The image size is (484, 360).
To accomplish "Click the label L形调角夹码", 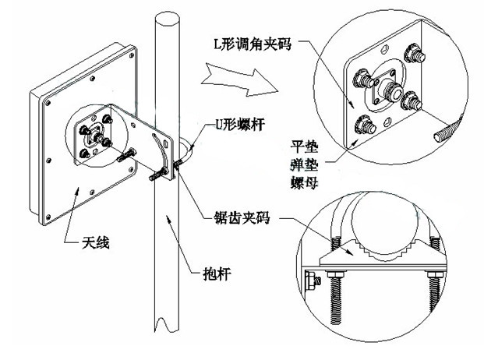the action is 253,44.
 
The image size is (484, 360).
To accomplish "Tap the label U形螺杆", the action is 239,125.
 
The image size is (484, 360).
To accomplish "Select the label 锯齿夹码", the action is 242,217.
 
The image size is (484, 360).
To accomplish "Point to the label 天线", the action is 96,242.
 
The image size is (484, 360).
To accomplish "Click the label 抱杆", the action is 217,274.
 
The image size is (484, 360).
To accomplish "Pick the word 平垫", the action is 304,146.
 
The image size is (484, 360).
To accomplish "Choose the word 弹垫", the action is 304,166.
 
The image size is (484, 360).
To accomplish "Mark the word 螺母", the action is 304,183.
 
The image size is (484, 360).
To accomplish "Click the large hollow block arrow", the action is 239,80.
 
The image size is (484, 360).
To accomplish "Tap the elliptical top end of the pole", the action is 167,20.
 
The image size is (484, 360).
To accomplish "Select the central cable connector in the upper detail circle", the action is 391,89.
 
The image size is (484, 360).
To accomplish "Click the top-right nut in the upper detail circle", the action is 415,54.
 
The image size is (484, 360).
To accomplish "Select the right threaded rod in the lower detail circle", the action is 435,296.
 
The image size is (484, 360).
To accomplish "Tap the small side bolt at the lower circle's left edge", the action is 313,281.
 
